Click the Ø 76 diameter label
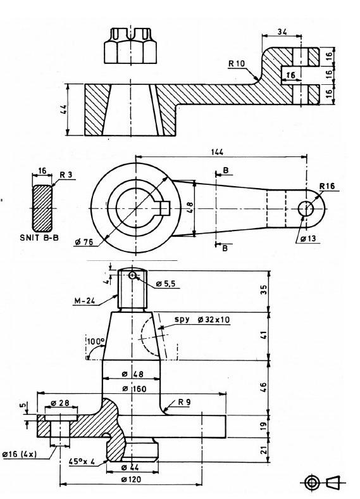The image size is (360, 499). (x=84, y=243)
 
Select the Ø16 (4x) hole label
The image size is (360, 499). (x=19, y=454)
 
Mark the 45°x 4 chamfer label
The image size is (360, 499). (x=82, y=462)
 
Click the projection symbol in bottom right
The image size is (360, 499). (x=321, y=483)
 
